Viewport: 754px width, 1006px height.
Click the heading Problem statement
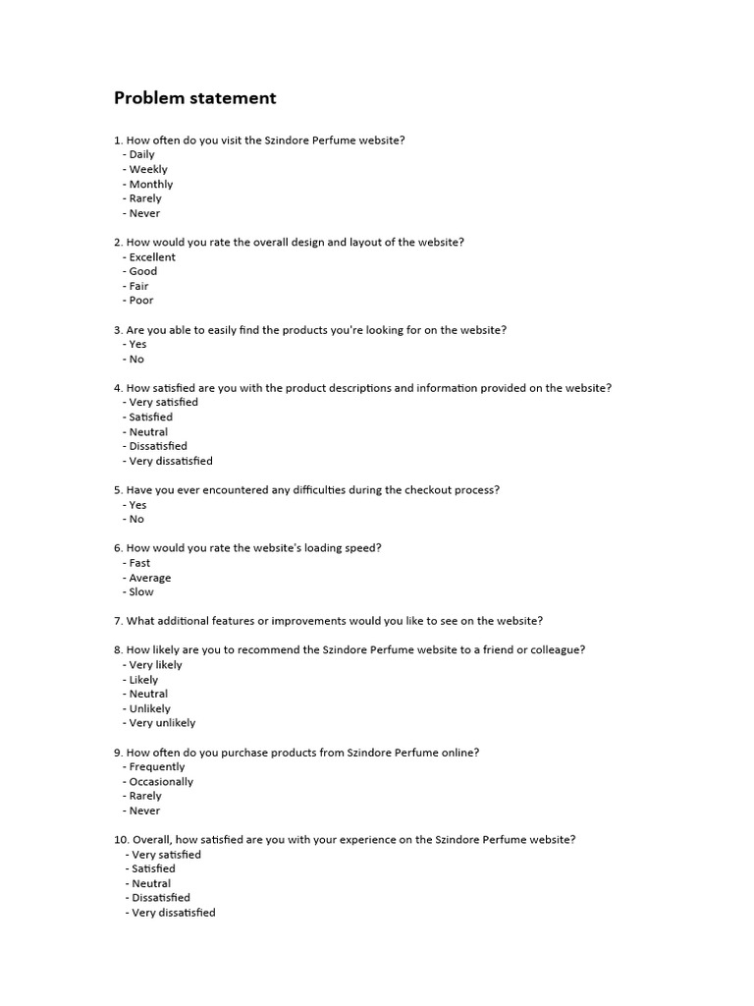tap(194, 98)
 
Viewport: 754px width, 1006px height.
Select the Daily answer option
tap(141, 154)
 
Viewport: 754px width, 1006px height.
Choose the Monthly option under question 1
tap(150, 184)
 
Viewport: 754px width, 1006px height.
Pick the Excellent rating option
tap(152, 257)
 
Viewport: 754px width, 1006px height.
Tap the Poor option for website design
tap(141, 301)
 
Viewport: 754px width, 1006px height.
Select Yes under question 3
tap(137, 345)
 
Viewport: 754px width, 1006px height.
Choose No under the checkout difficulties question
tap(136, 519)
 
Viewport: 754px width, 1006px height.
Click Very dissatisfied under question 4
tap(170, 461)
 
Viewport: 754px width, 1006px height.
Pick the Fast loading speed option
tap(139, 563)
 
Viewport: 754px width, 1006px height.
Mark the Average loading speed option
tap(150, 578)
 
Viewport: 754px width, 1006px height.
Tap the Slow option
tap(141, 592)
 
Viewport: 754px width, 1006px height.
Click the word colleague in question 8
tap(557, 650)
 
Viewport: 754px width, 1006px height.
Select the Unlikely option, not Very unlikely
tap(149, 708)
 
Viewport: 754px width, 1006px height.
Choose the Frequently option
tap(156, 767)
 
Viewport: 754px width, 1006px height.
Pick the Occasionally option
tap(161, 782)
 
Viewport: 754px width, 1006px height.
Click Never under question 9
tap(144, 810)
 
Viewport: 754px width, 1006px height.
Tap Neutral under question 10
tap(151, 883)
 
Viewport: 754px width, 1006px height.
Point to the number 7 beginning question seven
tap(117, 621)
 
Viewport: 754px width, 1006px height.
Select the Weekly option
tap(148, 169)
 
